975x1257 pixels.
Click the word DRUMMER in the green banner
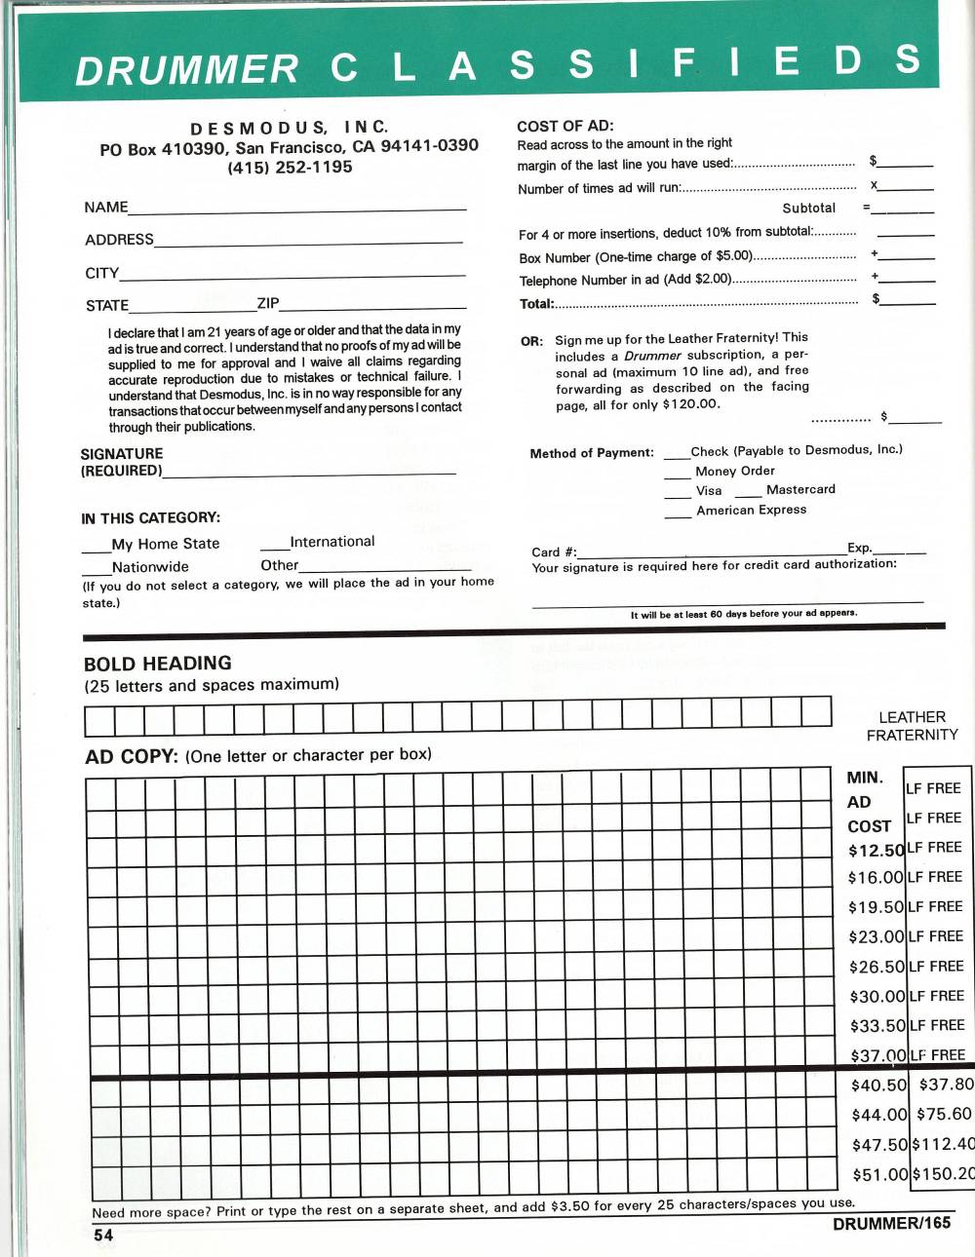186,70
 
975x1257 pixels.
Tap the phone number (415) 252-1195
290,168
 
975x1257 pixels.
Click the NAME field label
105,208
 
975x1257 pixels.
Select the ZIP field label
268,303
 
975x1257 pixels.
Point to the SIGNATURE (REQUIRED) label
122,462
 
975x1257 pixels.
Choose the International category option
331,542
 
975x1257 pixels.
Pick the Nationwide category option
149,567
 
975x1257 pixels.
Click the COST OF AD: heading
565,126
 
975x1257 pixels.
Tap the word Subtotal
808,209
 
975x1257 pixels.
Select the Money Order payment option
734,471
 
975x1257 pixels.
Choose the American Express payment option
751,510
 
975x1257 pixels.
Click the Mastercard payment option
800,489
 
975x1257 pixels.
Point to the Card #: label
553,552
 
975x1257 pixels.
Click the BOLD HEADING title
157,664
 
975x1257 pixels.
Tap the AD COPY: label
132,756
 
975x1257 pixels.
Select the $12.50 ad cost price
876,851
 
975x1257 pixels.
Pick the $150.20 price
942,1174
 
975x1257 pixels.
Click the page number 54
103,1235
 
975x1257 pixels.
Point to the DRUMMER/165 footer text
891,1224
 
